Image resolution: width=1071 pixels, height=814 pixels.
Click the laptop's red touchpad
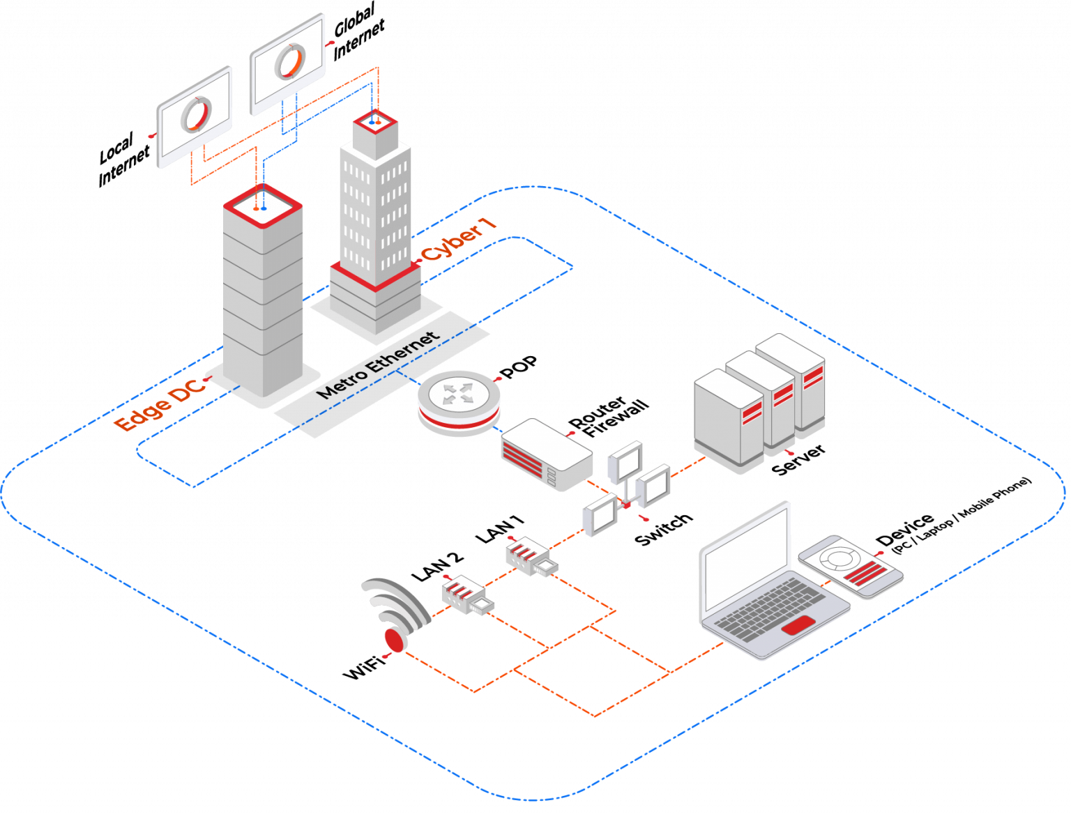pos(798,625)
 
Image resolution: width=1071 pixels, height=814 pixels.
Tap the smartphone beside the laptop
pos(851,566)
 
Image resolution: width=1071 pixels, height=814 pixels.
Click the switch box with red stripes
pos(547,453)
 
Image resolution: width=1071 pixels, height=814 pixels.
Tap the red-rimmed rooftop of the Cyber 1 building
pos(375,123)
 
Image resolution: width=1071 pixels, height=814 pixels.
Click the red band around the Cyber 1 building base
pos(375,276)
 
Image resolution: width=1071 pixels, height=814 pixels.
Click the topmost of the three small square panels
pos(624,461)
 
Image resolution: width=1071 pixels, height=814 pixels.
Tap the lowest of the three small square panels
pos(600,514)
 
